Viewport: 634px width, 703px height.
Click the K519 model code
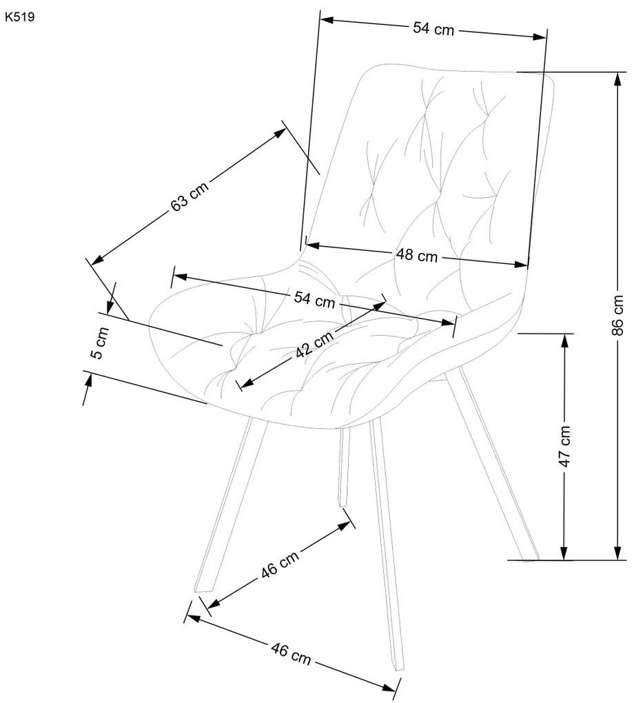pyautogui.click(x=20, y=17)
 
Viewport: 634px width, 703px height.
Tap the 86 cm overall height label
pyautogui.click(x=617, y=315)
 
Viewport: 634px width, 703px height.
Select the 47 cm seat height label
pyautogui.click(x=564, y=447)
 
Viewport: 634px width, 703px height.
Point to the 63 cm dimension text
pyautogui.click(x=190, y=196)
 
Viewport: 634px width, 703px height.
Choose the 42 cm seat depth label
pyautogui.click(x=315, y=344)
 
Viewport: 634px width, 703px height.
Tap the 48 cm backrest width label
pyautogui.click(x=416, y=256)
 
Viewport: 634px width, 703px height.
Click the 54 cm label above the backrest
pyautogui.click(x=433, y=29)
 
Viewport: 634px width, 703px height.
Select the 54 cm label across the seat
pyautogui.click(x=315, y=299)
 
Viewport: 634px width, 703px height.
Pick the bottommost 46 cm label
pyautogui.click(x=291, y=654)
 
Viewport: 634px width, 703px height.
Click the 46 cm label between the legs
pyautogui.click(x=280, y=564)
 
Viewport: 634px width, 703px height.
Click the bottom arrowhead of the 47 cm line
pyautogui.click(x=564, y=553)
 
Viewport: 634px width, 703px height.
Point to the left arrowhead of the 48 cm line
pyautogui.click(x=312, y=245)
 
